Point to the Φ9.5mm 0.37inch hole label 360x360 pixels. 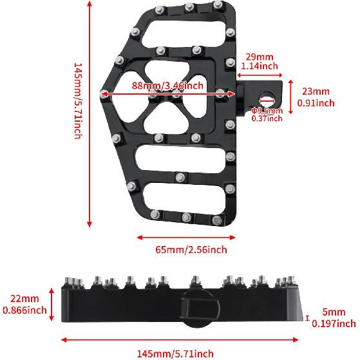[267, 114]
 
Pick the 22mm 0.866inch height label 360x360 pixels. [24, 304]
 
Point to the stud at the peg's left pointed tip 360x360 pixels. [104, 95]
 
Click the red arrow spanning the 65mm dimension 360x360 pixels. [182, 237]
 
